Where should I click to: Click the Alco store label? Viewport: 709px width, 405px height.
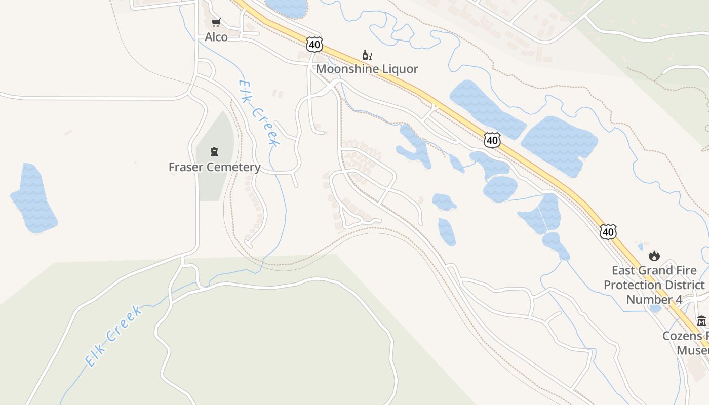click(x=216, y=37)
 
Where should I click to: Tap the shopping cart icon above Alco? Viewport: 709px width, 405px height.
click(x=216, y=23)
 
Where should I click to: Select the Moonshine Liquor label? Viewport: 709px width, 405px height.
click(x=367, y=69)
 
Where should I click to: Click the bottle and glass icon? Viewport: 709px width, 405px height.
click(x=367, y=55)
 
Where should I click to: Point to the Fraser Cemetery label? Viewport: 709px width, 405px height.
click(x=214, y=167)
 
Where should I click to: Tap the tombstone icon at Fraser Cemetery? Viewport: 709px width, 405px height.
click(x=214, y=152)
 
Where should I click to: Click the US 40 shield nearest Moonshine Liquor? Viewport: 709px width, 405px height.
click(x=314, y=45)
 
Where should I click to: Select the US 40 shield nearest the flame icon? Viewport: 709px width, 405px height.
click(x=608, y=232)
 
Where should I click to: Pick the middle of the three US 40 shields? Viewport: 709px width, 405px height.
click(x=492, y=140)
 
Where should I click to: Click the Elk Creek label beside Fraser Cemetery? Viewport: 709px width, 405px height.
click(x=259, y=113)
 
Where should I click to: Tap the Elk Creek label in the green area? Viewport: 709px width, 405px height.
click(x=113, y=336)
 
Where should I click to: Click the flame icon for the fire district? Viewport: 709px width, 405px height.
click(x=654, y=256)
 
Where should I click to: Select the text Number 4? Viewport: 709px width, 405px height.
click(x=654, y=299)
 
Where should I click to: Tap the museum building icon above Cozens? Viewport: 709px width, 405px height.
click(x=701, y=321)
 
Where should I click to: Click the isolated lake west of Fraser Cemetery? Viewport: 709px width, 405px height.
click(x=33, y=199)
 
